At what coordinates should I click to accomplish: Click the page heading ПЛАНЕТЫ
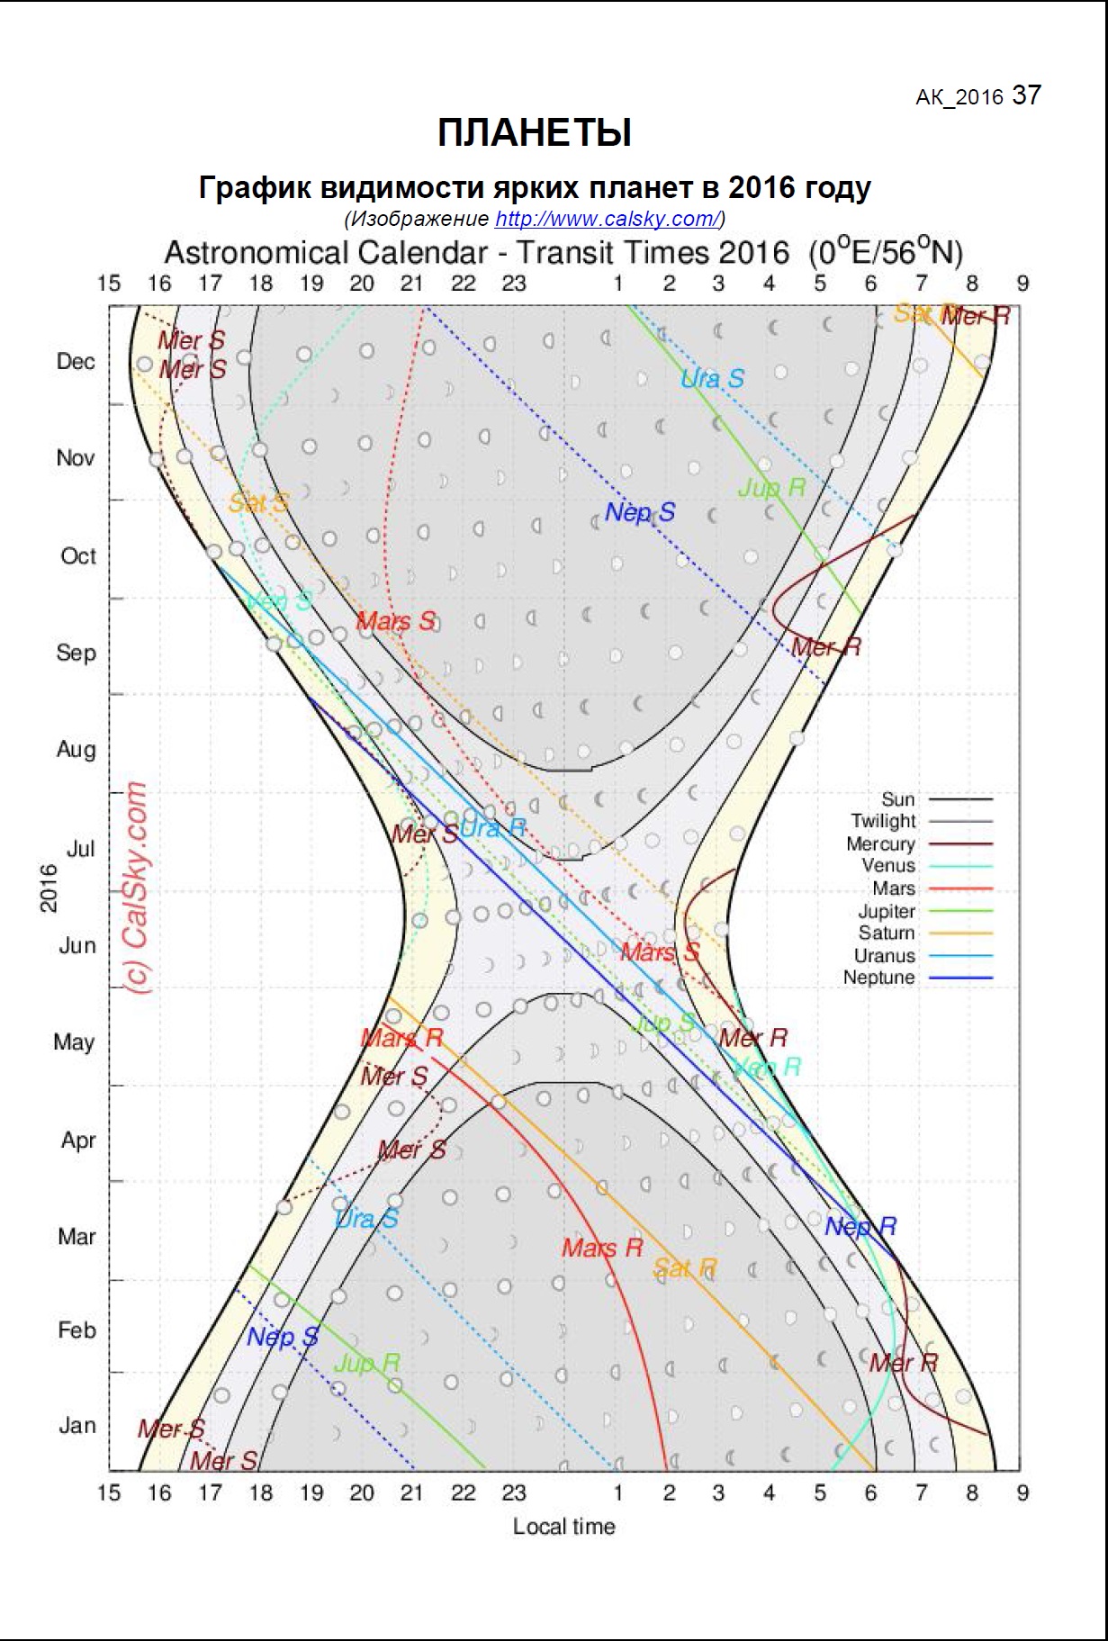(535, 133)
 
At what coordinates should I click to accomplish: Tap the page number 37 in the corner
(1027, 95)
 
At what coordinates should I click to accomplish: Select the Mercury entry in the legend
(880, 844)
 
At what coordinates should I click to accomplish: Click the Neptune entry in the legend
(878, 978)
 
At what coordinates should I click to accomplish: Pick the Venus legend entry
(888, 866)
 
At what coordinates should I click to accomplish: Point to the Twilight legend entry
(883, 821)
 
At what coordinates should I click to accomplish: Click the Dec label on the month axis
(76, 362)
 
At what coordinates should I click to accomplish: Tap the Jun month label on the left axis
(77, 946)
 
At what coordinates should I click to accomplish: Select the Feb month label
(77, 1330)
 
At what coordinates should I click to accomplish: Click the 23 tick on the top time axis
(514, 284)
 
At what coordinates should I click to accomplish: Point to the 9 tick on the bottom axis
(1022, 1492)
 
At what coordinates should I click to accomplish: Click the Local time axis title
(564, 1527)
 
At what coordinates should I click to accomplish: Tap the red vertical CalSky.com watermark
(136, 888)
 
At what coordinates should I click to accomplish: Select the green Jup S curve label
(662, 1023)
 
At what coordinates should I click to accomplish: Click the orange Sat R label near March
(685, 1269)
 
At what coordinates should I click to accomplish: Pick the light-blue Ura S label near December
(712, 379)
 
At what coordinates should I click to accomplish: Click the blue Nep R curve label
(860, 1227)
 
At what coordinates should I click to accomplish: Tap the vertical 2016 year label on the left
(49, 888)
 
